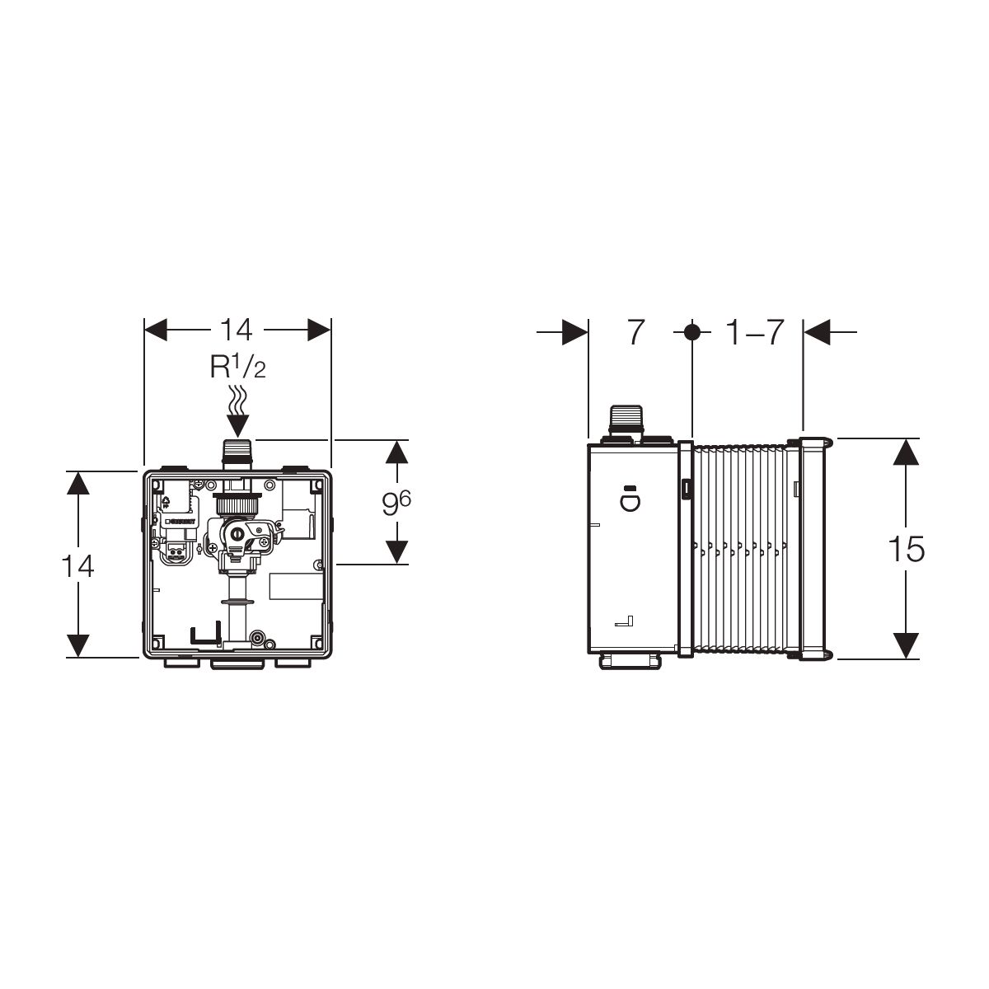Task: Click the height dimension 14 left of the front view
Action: (x=77, y=566)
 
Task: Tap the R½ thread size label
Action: (x=237, y=367)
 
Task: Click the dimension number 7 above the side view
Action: (x=635, y=333)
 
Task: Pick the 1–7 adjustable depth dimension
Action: (x=755, y=333)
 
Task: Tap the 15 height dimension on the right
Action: (x=906, y=549)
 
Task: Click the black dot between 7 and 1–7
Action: (x=692, y=332)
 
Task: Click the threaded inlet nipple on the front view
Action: (x=237, y=455)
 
